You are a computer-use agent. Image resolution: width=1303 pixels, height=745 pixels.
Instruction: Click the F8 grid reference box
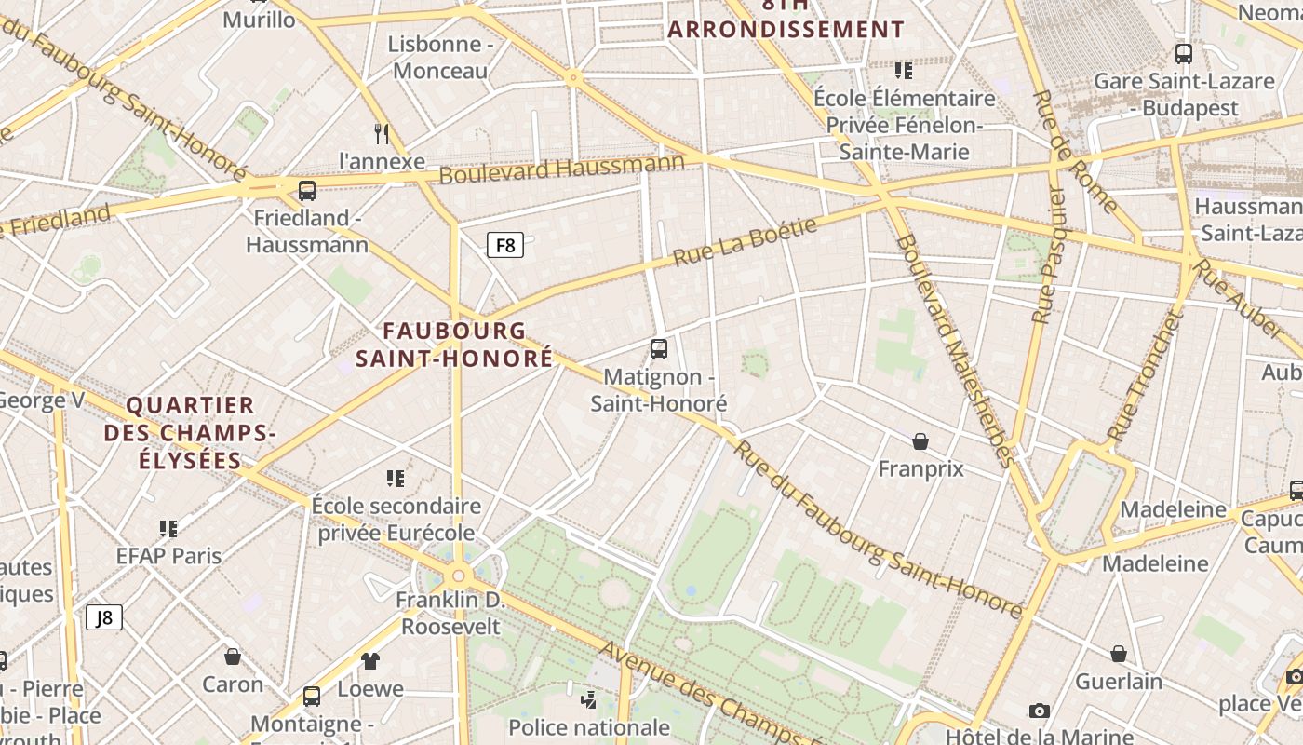tap(505, 245)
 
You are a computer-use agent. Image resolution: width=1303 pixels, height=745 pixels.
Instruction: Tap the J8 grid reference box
tap(104, 617)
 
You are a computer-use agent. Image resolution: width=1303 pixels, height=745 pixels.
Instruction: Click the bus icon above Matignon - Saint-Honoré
tap(659, 349)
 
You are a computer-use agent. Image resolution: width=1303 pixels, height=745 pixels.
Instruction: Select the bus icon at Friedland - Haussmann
tap(307, 191)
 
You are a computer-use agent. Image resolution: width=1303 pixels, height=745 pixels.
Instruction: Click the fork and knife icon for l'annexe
tap(382, 133)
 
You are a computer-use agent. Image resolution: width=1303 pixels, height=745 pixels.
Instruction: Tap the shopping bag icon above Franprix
tap(920, 440)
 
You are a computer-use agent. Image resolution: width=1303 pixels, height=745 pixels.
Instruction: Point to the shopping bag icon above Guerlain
tap(1119, 654)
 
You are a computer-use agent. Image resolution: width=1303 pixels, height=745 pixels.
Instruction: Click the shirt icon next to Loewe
tap(370, 661)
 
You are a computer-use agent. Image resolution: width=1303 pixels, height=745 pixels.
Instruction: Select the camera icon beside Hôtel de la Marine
tap(1040, 711)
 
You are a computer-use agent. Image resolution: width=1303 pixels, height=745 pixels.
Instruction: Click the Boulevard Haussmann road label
tap(561, 169)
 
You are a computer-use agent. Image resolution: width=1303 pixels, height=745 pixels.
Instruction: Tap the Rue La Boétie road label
tap(745, 242)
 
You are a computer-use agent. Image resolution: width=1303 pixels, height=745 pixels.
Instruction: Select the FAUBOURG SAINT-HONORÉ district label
tap(454, 345)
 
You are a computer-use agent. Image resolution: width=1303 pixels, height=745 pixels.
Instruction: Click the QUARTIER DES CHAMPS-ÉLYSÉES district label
tap(190, 432)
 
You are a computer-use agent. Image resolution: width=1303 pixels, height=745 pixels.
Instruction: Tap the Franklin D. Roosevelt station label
tap(450, 613)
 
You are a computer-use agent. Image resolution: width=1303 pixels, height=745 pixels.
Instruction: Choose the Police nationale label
tap(589, 726)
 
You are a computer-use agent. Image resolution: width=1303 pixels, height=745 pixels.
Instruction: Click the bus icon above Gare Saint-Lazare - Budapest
tap(1184, 54)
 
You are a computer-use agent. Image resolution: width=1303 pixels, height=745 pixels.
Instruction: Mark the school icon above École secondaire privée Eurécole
tap(396, 479)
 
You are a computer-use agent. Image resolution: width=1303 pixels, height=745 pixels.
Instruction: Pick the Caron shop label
tap(233, 684)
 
